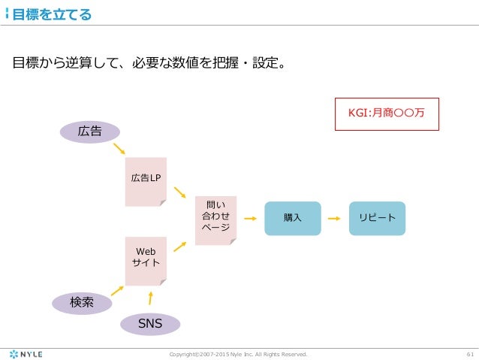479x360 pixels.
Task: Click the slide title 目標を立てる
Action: click(x=52, y=14)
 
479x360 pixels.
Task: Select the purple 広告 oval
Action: click(x=90, y=131)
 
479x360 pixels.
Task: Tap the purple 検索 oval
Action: click(x=81, y=303)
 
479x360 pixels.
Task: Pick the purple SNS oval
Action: click(x=151, y=324)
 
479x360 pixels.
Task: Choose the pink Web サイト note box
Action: click(x=145, y=260)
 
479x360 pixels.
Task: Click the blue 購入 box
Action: click(x=292, y=218)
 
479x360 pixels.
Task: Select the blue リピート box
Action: click(x=377, y=218)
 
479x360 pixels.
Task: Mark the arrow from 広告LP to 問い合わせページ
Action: click(x=179, y=193)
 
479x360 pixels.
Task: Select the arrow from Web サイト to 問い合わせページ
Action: click(x=179, y=245)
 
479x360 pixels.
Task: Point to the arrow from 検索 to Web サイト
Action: click(x=116, y=289)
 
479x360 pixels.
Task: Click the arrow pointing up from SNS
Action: click(x=151, y=298)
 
